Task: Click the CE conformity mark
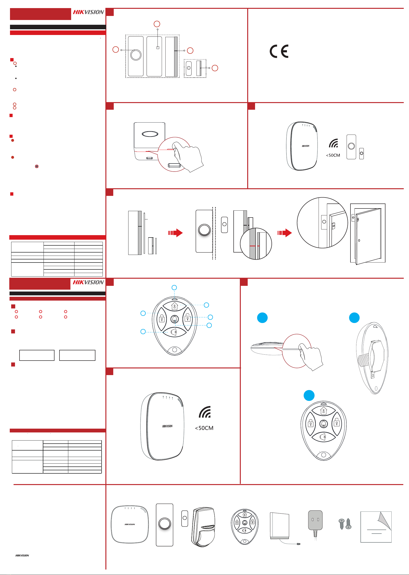pyautogui.click(x=279, y=51)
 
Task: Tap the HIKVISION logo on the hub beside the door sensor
pyautogui.click(x=306, y=146)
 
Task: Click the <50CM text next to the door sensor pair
pyautogui.click(x=333, y=155)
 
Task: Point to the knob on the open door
pyautogui.click(x=359, y=241)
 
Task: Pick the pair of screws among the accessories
pyautogui.click(x=345, y=524)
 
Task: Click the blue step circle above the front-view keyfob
pyautogui.click(x=309, y=395)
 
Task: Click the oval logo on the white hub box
pyautogui.click(x=150, y=134)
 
